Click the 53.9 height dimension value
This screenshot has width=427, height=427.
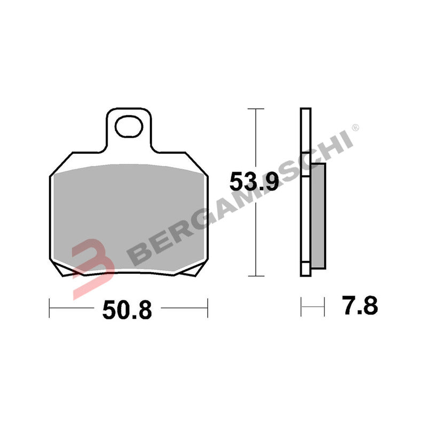coord(254,183)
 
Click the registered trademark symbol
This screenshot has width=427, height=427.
coord(356,128)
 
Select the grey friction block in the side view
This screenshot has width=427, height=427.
coord(318,213)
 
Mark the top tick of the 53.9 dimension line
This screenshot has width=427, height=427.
coord(257,109)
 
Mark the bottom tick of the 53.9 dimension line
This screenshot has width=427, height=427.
coord(257,275)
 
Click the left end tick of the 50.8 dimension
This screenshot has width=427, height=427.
coord(49,307)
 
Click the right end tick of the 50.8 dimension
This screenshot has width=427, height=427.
coord(207,307)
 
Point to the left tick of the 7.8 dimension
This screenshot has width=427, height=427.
coord(301,307)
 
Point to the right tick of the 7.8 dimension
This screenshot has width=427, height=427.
coord(324,307)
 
